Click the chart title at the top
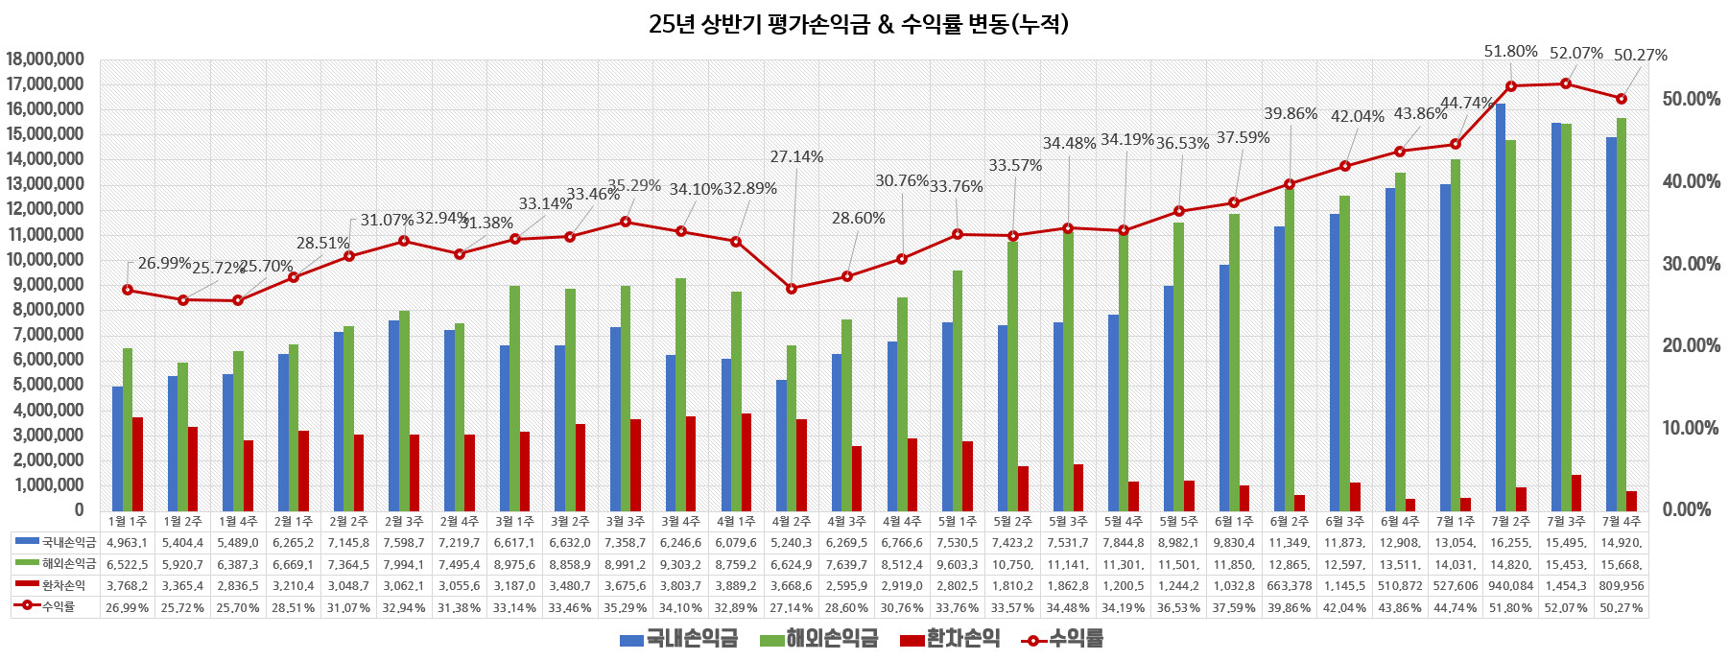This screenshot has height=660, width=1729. point(858,24)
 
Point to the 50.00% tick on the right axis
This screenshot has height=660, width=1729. point(1691,100)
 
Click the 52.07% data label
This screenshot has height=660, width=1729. point(1575,54)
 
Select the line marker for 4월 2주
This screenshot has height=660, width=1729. point(792,289)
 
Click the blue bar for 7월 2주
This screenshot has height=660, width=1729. point(1501,307)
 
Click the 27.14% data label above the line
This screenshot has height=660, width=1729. point(796,157)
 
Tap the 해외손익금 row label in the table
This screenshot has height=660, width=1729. point(68,564)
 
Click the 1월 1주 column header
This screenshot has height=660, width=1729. point(128,521)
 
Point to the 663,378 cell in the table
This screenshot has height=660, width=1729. point(1290,585)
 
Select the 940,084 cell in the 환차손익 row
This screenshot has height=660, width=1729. point(1511,585)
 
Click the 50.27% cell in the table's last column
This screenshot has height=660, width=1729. point(1622,607)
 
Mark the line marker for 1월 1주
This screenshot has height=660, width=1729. point(128,290)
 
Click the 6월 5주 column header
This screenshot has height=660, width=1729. point(1178,521)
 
